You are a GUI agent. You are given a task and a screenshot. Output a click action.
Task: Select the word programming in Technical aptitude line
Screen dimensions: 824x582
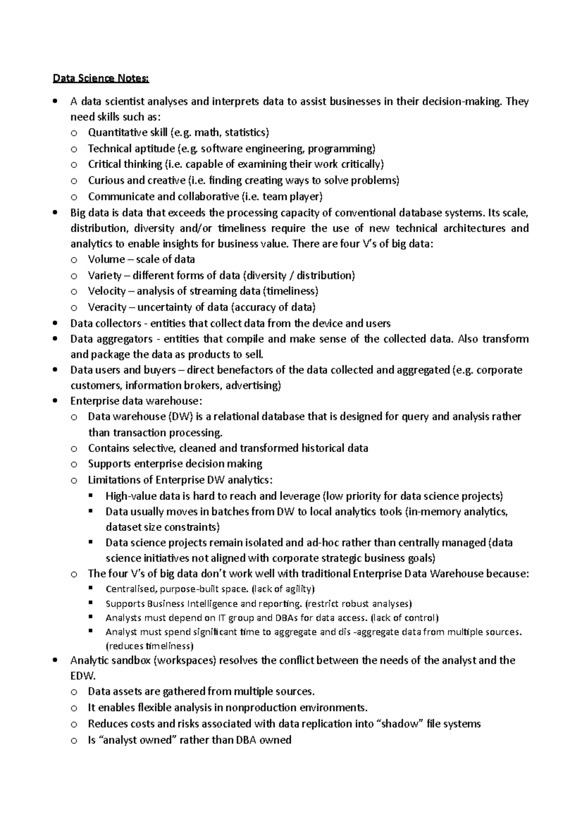click(x=341, y=148)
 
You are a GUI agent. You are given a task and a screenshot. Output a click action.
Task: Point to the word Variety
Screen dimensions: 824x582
click(x=104, y=276)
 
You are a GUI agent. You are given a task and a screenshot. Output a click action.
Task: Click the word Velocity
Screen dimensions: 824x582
click(x=106, y=291)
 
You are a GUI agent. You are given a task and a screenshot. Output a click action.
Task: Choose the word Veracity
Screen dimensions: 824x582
click(x=107, y=307)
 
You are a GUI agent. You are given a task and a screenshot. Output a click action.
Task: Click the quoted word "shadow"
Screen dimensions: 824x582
click(x=401, y=724)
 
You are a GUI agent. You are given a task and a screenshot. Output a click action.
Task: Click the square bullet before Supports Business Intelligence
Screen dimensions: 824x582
click(x=91, y=603)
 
